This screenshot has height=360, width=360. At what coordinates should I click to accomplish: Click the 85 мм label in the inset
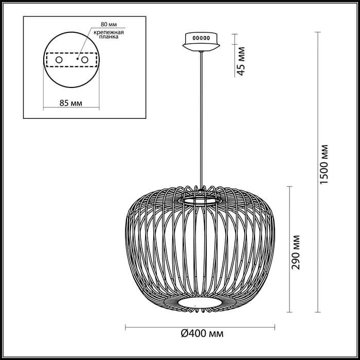tap(71, 103)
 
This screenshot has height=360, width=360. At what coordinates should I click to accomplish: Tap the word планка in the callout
tap(109, 38)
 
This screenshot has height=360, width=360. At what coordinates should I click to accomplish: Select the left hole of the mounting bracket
tap(59, 60)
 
